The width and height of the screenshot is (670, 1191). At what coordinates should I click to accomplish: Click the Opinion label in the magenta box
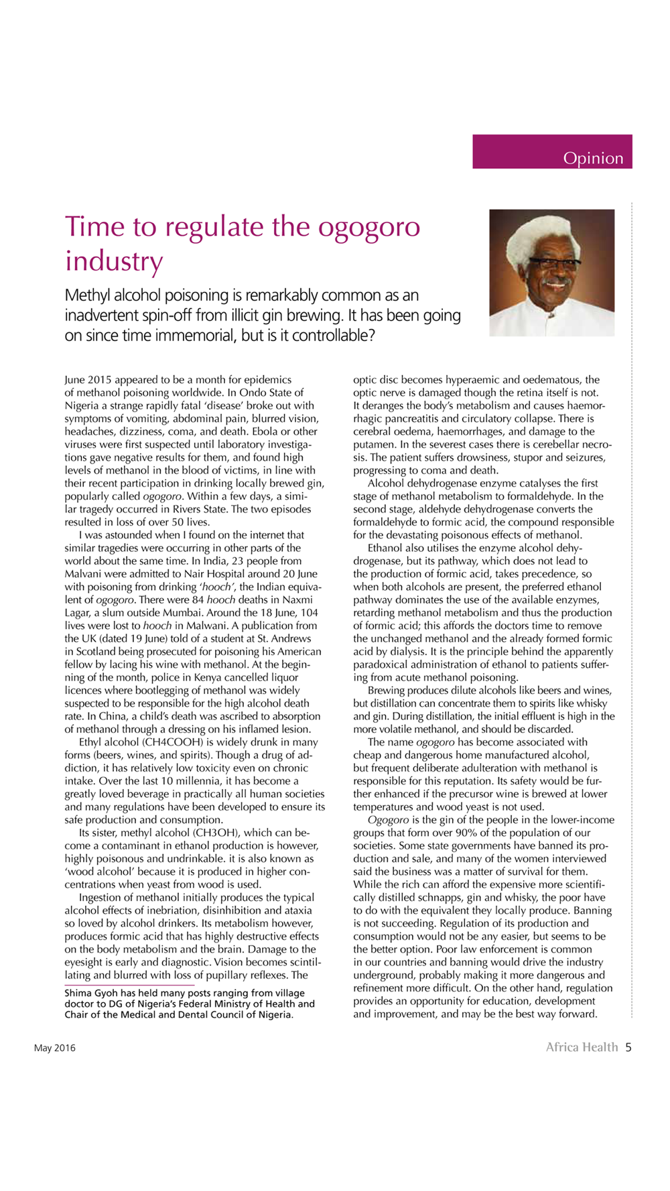(592, 158)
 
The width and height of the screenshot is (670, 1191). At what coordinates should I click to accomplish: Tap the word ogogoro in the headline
(368, 226)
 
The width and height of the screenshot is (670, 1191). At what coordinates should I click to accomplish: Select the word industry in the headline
(113, 260)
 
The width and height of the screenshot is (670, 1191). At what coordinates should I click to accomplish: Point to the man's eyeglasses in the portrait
(555, 263)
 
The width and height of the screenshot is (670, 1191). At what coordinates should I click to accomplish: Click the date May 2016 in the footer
(55, 1048)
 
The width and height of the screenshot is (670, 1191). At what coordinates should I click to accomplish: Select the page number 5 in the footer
(628, 1047)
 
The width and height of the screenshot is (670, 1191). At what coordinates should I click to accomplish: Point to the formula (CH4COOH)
(160, 742)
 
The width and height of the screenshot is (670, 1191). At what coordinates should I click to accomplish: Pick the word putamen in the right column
(373, 444)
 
